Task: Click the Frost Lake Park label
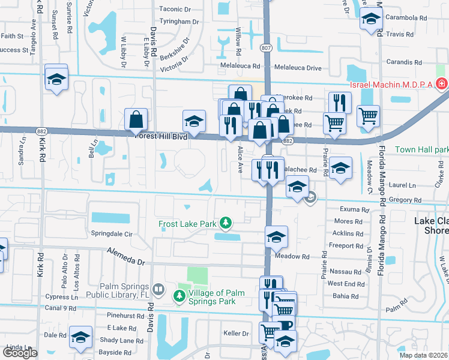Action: pyautogui.click(x=187, y=224)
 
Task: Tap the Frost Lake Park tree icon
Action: pyautogui.click(x=226, y=224)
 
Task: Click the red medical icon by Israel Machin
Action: pyautogui.click(x=442, y=83)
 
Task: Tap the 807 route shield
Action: pyautogui.click(x=267, y=47)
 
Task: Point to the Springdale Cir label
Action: pyautogui.click(x=111, y=233)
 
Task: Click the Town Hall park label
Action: pyautogui.click(x=422, y=149)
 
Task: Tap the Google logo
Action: pyautogui.click(x=20, y=353)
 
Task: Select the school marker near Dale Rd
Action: pyautogui.click(x=80, y=338)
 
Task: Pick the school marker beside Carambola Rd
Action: pyautogui.click(x=371, y=20)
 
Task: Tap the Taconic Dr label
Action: pyautogui.click(x=175, y=10)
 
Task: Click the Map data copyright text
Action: pyautogui.click(x=424, y=355)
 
